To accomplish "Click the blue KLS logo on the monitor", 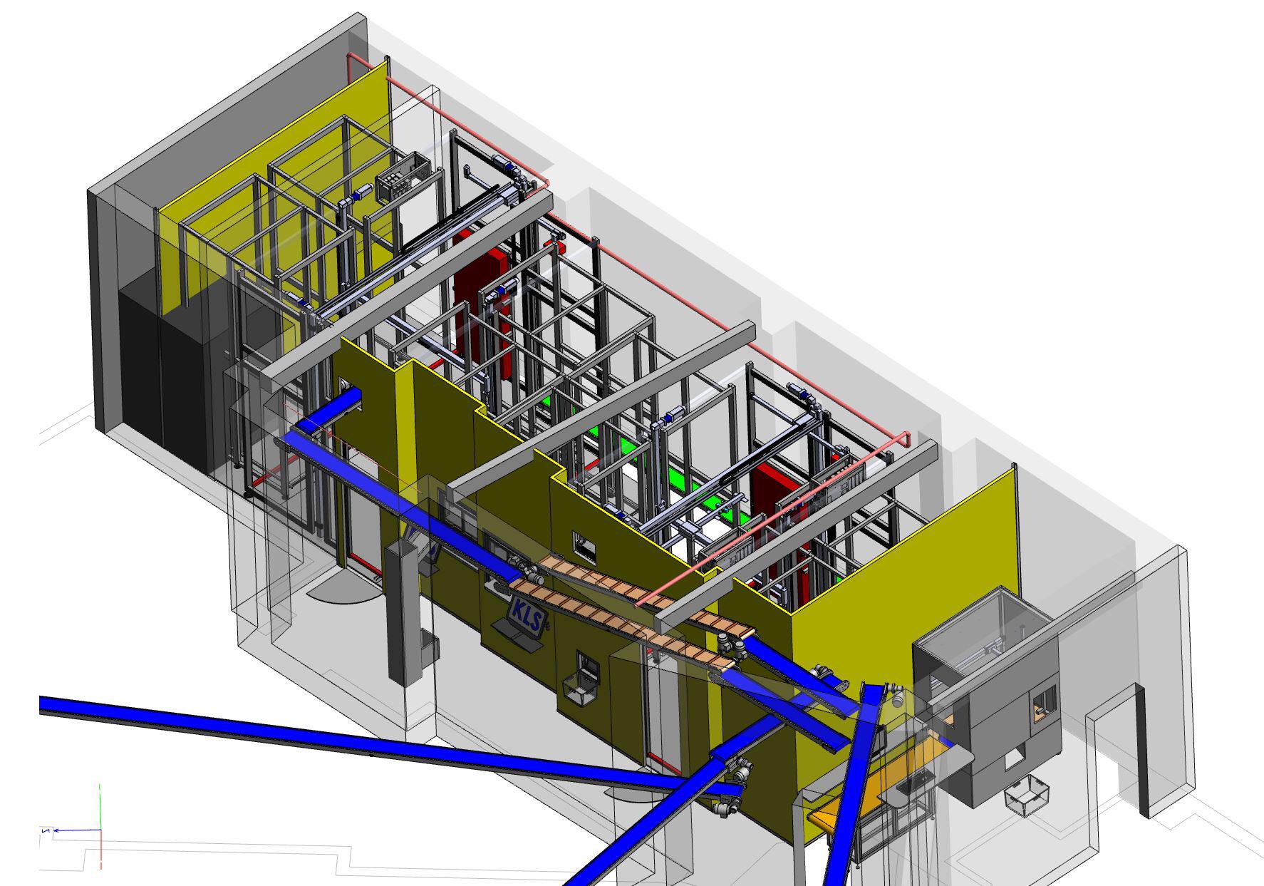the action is (524, 609).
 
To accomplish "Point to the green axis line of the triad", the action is (100, 806).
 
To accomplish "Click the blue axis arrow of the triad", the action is (71, 830).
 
